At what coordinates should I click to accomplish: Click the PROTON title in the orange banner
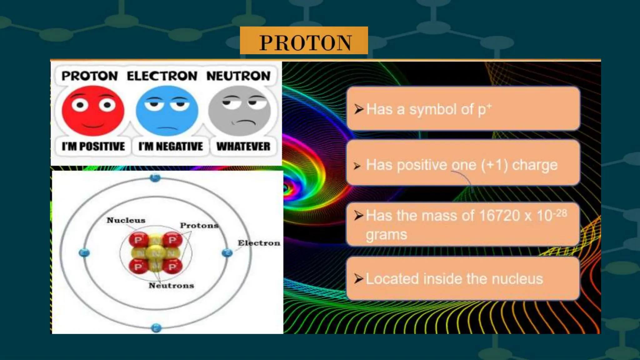[x=305, y=42]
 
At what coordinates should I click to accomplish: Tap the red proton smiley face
[x=93, y=111]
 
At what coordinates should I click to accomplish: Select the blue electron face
[x=167, y=111]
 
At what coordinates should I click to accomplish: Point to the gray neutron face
[x=240, y=111]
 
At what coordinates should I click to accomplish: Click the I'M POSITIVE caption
[x=93, y=146]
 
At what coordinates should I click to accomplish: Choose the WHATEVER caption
[x=243, y=146]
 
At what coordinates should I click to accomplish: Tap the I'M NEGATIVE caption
[x=171, y=146]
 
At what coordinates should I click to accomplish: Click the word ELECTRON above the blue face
[x=162, y=76]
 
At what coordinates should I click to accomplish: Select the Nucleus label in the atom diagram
[x=126, y=220]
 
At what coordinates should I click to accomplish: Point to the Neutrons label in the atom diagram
[x=171, y=286]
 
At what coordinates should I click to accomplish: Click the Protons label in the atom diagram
[x=199, y=225]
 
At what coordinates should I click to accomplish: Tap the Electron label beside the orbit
[x=259, y=243]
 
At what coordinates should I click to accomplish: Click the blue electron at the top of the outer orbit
[x=155, y=178]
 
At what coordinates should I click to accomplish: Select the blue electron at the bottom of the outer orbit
[x=156, y=328]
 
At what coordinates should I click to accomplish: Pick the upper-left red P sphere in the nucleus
[x=138, y=240]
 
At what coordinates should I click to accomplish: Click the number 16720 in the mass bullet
[x=499, y=216]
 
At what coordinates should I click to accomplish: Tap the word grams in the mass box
[x=386, y=234]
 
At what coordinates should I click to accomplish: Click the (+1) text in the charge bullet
[x=494, y=165]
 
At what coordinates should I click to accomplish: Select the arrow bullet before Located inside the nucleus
[x=358, y=278]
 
